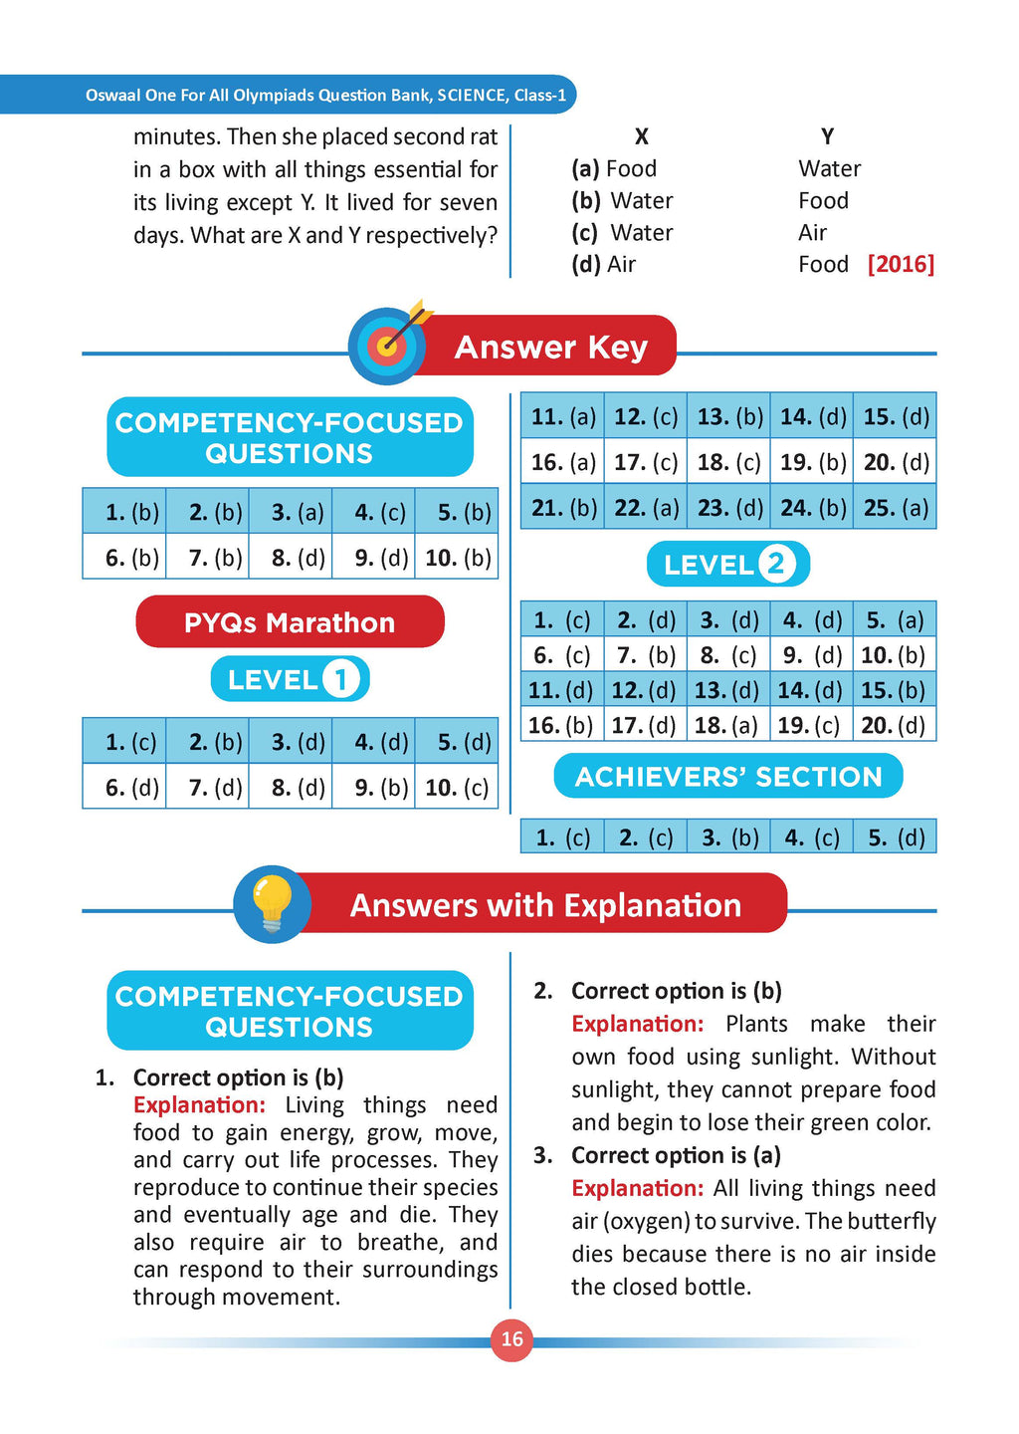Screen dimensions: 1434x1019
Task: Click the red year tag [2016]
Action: click(x=901, y=264)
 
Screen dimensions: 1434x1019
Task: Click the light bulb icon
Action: click(x=272, y=904)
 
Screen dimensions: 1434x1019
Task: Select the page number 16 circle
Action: click(x=511, y=1339)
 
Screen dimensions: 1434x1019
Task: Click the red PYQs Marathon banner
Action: click(x=290, y=622)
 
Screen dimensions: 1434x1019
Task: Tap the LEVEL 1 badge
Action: click(x=290, y=680)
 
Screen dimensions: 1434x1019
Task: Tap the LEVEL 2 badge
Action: click(x=727, y=565)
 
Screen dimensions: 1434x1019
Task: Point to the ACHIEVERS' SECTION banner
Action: click(x=727, y=777)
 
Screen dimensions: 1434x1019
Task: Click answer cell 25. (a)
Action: click(x=896, y=508)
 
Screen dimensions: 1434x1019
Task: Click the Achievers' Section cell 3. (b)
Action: click(x=729, y=837)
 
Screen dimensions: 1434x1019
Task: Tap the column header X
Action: click(x=642, y=136)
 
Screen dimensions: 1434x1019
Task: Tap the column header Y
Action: click(x=827, y=136)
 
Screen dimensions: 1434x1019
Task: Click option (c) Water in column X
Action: click(x=623, y=232)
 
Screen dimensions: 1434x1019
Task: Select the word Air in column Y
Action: click(x=812, y=232)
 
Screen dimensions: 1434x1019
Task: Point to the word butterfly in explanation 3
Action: click(x=894, y=1221)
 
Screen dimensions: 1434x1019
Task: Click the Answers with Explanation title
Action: click(x=545, y=905)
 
